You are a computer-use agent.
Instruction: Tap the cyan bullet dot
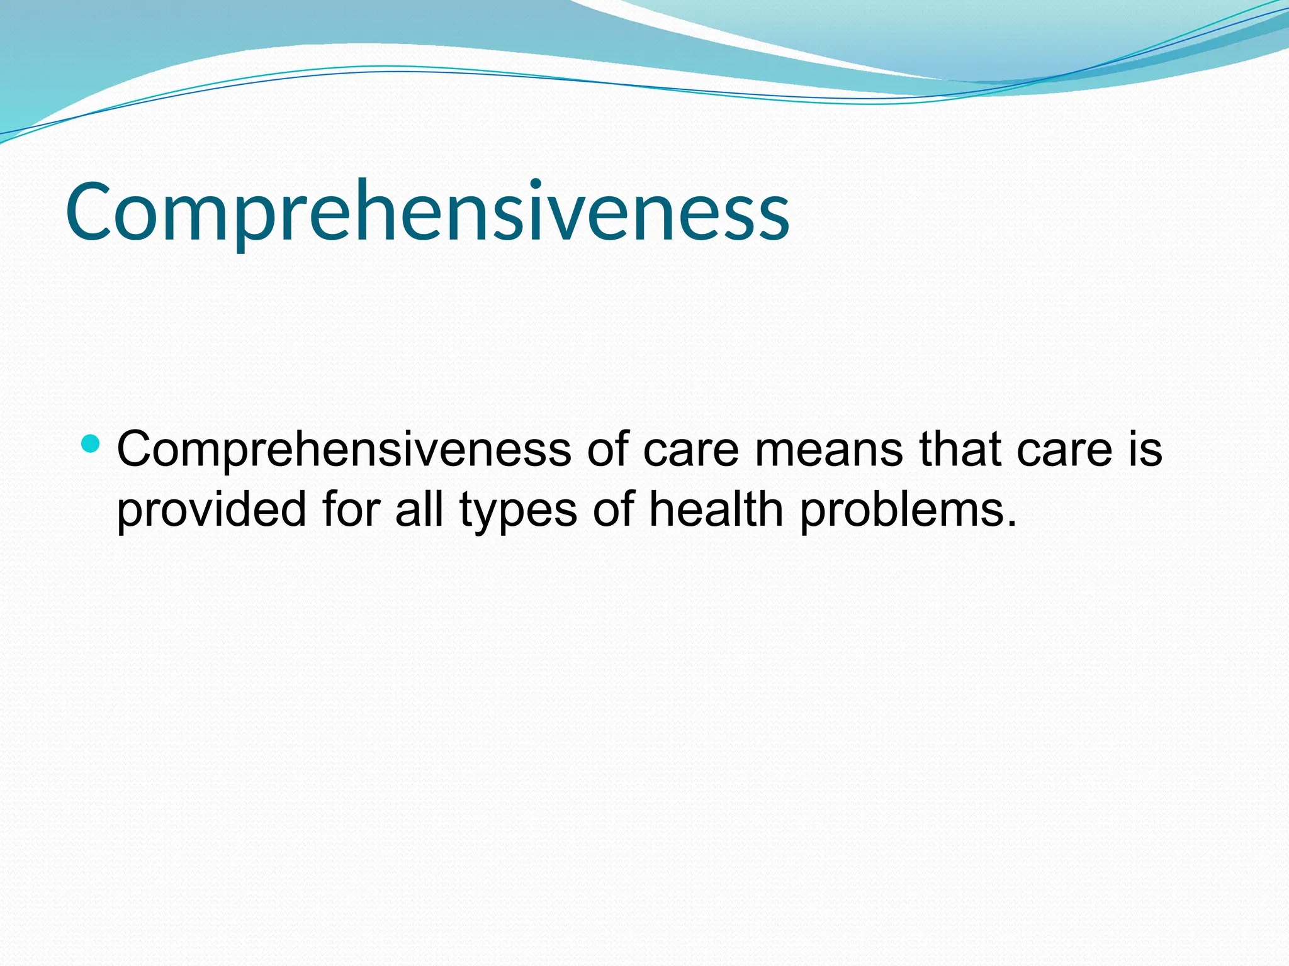pos(91,443)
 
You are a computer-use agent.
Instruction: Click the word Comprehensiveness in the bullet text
pos(344,450)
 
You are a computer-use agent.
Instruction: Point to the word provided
pos(211,509)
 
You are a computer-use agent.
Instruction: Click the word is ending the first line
pos(1144,449)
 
